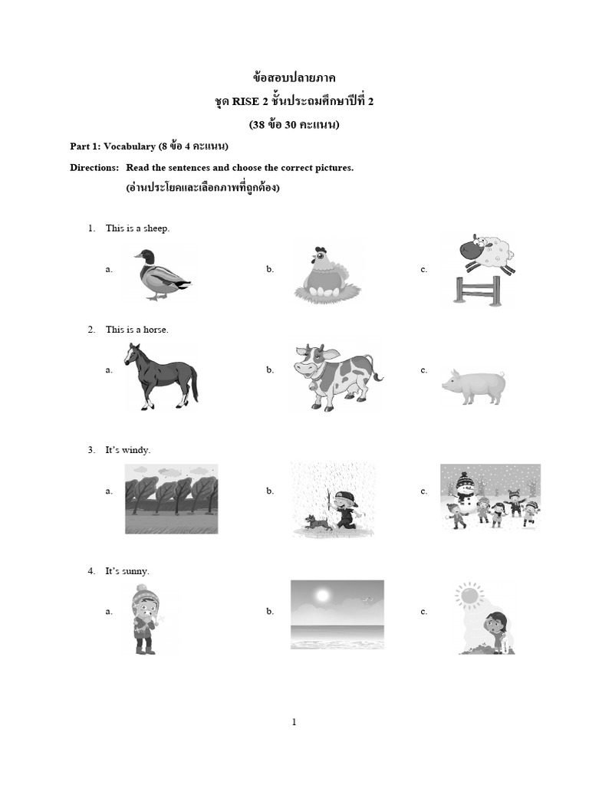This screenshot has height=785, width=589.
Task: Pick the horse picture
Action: pos(160,376)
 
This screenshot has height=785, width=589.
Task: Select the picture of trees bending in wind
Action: pos(171,498)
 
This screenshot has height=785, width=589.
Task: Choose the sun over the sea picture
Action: pos(337,613)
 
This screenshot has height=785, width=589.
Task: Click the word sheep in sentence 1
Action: pos(157,228)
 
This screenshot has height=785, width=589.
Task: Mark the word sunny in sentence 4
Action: pos(137,571)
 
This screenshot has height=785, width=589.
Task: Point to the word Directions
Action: pos(94,167)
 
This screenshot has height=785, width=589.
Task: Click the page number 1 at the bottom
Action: pos(294,721)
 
